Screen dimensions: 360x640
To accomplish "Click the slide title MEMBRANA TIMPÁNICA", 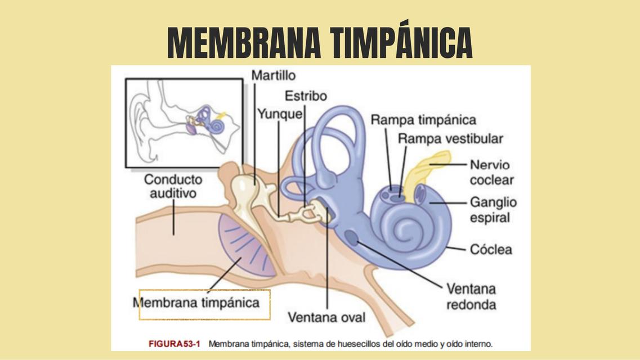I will (x=320, y=43).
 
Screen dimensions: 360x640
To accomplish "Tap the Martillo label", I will (x=273, y=75).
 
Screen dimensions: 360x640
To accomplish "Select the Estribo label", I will (x=306, y=96).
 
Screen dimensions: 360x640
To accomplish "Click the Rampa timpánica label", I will (x=423, y=120).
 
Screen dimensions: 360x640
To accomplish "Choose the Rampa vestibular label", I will (x=450, y=138).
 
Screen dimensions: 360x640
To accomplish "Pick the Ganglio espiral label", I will (x=493, y=209).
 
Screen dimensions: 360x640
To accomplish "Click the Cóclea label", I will (x=491, y=249).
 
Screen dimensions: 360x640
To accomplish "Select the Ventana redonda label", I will (x=472, y=296).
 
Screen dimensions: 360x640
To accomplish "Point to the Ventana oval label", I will (x=326, y=317).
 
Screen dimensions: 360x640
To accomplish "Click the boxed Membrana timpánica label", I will (x=205, y=303).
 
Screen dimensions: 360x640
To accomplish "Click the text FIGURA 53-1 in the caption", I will (x=174, y=343).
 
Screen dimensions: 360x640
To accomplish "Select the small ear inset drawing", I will (x=184, y=123).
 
